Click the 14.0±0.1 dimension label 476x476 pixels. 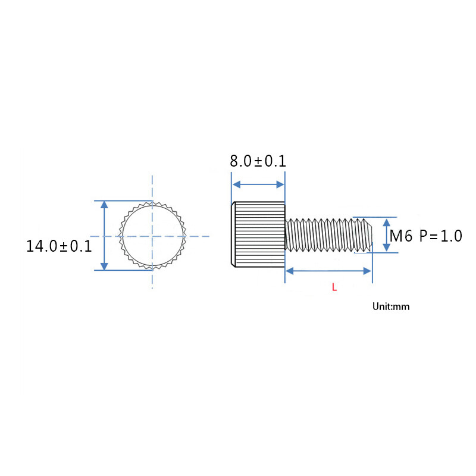59,246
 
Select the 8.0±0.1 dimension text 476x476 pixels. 258,161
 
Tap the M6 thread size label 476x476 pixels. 401,236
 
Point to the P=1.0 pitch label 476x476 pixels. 440,236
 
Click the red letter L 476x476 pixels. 334,287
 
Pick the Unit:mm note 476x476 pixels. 391,307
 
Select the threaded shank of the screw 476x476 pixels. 327,235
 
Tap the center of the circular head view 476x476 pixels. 152,236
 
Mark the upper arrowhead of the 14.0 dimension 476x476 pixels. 104,205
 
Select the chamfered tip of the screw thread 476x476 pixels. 369,235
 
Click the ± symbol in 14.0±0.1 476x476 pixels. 63,246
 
